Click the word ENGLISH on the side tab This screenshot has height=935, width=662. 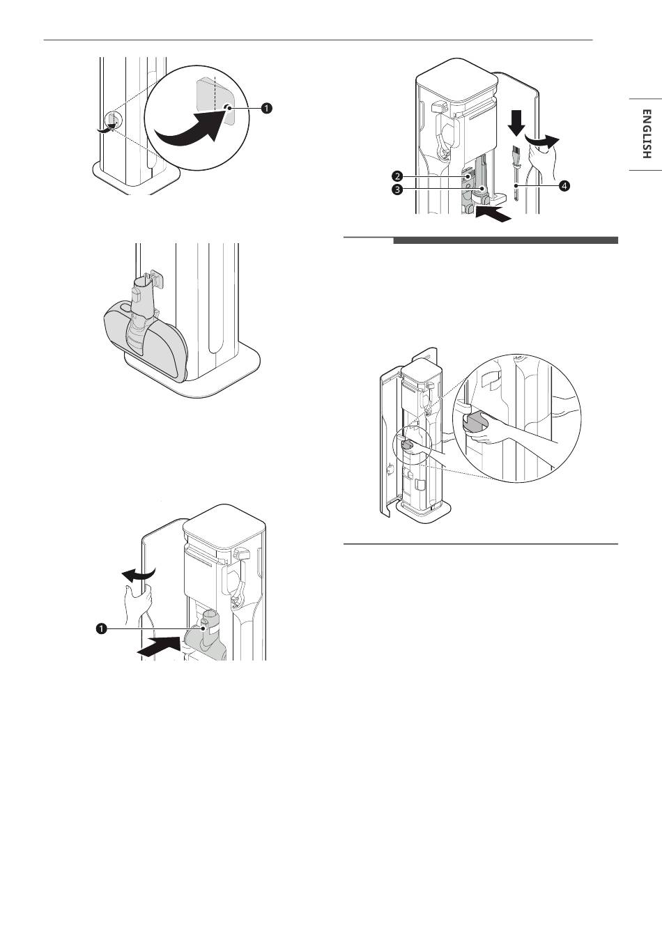tap(646, 134)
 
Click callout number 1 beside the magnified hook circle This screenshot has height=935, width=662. tap(266, 108)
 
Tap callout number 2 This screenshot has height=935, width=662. tap(397, 176)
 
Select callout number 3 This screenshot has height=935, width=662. tap(397, 190)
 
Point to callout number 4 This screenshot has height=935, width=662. tap(564, 186)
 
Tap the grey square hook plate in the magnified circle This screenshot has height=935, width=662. tap(215, 101)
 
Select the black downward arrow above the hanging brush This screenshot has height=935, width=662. tap(517, 123)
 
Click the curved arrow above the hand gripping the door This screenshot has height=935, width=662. tap(138, 574)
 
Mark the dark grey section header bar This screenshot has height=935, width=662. tap(505, 240)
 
